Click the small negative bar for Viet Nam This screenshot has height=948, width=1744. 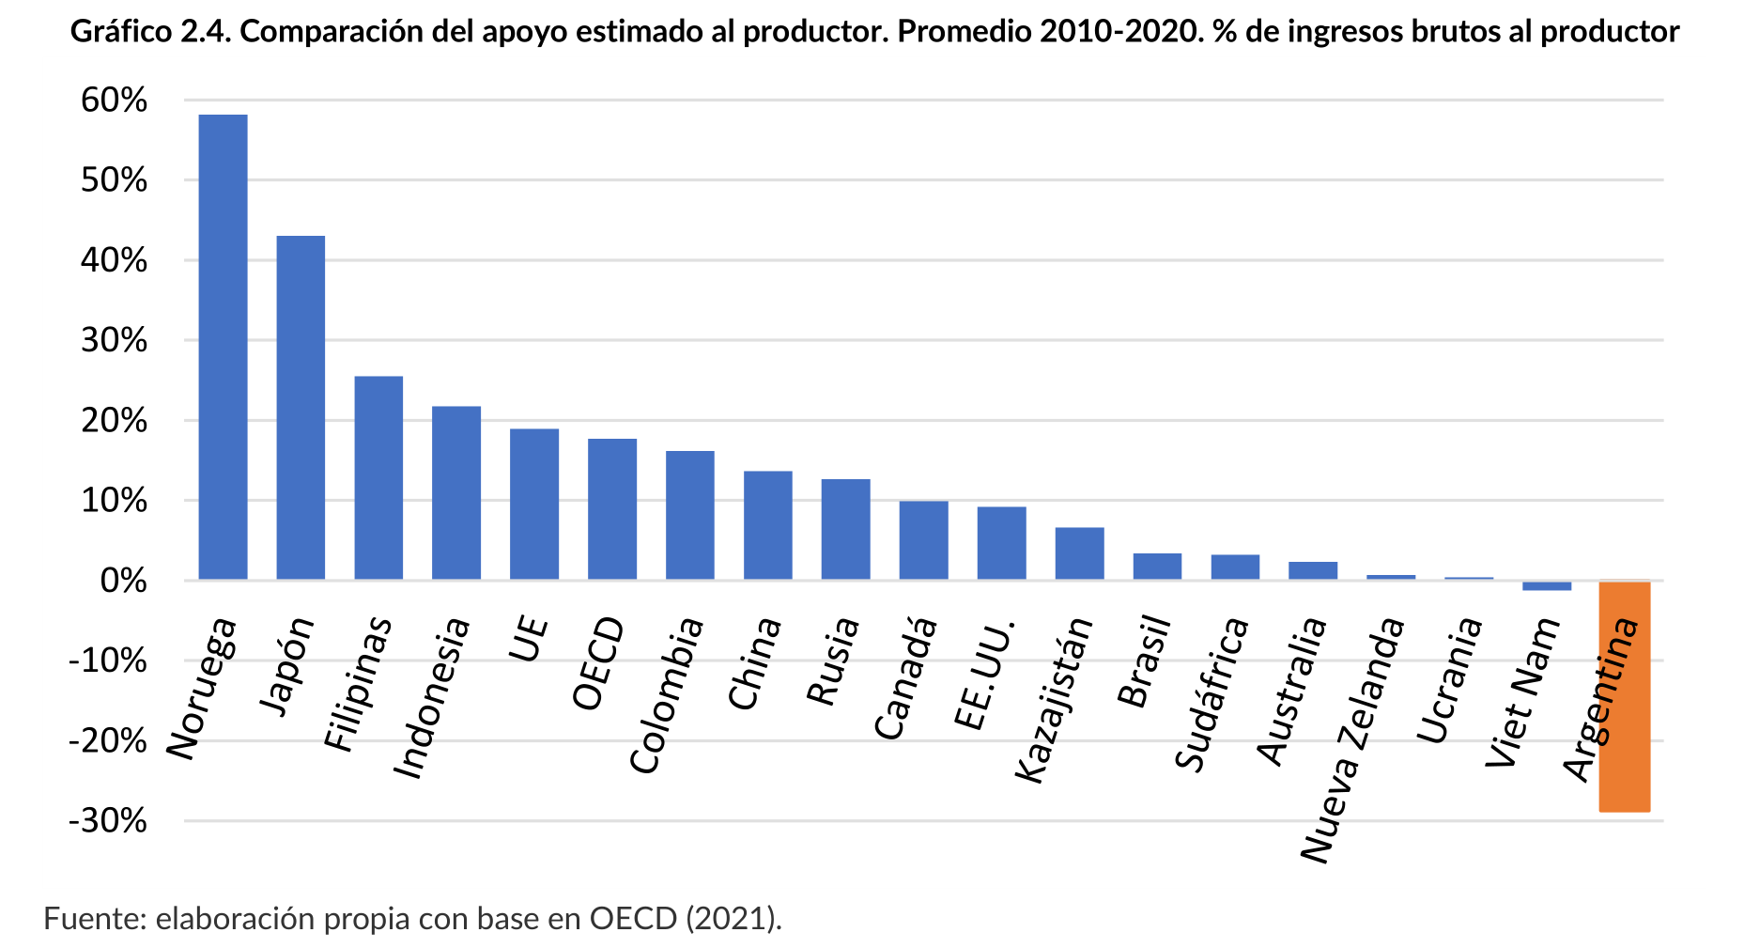coord(1547,586)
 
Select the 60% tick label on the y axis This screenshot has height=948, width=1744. coord(114,101)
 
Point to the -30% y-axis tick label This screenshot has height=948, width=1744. coord(108,821)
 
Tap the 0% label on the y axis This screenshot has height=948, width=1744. coord(123,582)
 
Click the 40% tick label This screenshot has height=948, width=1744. coord(114,260)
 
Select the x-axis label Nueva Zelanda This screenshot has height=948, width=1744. coord(1353,739)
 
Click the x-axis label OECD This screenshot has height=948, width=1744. coord(599,663)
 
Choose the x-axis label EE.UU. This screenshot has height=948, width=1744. coord(984,674)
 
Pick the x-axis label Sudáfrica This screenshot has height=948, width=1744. coord(1212,694)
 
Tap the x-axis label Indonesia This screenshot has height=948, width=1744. coord(431,698)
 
